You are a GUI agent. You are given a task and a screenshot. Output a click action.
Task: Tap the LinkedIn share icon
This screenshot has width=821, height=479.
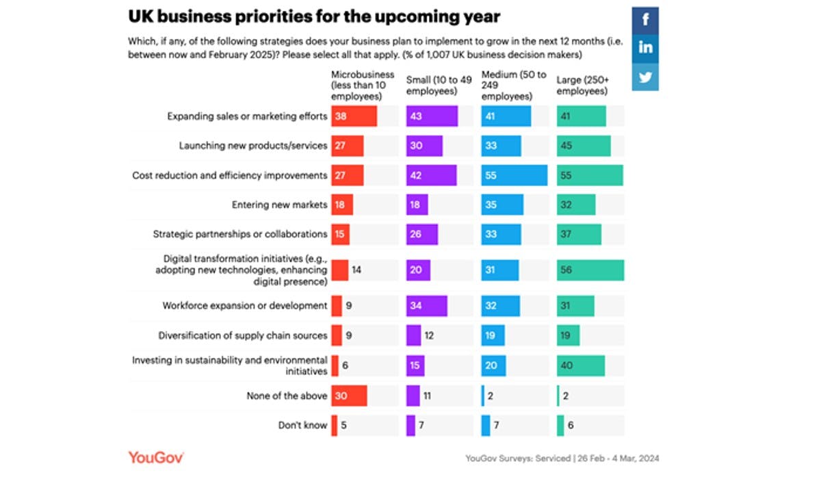(646, 48)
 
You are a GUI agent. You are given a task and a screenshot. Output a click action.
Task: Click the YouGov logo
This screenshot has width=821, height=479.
(156, 457)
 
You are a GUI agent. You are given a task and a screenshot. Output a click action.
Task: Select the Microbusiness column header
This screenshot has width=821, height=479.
(363, 85)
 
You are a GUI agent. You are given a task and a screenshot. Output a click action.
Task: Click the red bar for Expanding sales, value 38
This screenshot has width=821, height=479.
(354, 116)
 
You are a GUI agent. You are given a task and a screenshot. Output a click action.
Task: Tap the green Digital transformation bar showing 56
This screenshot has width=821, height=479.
(590, 270)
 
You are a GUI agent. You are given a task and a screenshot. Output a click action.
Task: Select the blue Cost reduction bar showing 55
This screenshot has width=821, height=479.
(514, 175)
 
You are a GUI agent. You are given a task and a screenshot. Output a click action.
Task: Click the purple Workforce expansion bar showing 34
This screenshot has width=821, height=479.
(426, 306)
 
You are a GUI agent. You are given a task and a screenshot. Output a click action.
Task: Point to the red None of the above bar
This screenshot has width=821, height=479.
(349, 396)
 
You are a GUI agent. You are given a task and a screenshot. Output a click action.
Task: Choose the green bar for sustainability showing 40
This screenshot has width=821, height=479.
(581, 365)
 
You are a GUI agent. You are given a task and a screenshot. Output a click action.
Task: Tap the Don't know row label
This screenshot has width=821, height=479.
(302, 425)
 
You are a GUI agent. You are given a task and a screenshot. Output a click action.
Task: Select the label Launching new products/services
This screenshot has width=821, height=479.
(253, 146)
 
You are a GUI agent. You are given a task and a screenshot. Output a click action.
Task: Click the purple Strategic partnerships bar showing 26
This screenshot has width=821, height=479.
(421, 234)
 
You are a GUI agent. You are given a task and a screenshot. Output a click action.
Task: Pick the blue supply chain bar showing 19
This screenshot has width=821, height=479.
(493, 335)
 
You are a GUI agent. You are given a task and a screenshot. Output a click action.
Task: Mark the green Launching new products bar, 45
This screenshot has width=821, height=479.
(584, 146)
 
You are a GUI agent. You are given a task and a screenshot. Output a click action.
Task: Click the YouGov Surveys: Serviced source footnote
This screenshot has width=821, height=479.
(562, 458)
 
